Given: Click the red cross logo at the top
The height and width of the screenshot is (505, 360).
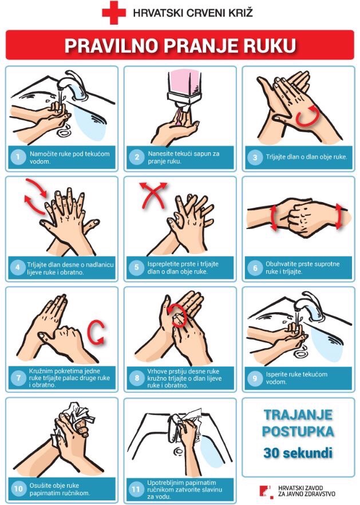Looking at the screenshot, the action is [114, 13].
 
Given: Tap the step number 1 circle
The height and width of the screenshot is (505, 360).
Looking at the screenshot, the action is [18, 157].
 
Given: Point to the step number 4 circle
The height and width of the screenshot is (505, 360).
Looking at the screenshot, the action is [18, 267].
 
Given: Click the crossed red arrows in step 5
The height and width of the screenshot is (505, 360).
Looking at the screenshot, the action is [153, 195].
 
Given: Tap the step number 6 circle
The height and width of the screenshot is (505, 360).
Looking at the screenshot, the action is [255, 267].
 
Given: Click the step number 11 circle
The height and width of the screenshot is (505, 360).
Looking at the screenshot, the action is [136, 490].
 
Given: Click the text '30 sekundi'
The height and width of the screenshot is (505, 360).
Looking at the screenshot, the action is [298, 453].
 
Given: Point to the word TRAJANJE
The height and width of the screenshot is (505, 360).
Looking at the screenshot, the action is [298, 415].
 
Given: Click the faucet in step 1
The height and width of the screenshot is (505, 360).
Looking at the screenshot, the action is [70, 84].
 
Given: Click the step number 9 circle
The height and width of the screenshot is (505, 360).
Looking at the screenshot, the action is [255, 378].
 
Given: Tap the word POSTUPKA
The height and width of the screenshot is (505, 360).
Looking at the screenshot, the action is [298, 432].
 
